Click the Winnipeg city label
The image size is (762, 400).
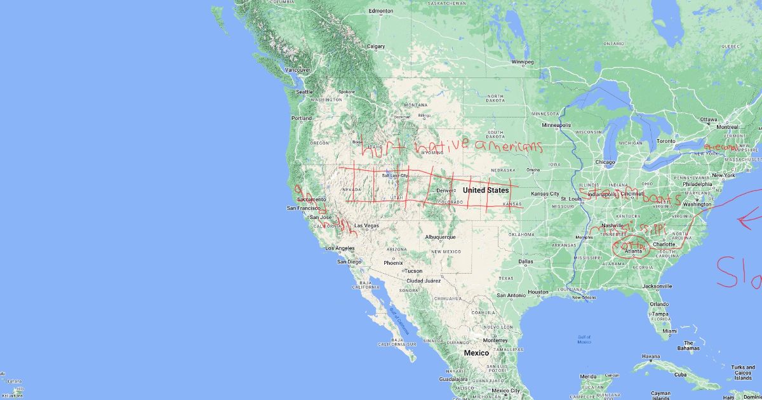[523, 62]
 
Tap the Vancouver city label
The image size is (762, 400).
[297, 69]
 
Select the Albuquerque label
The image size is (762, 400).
[440, 237]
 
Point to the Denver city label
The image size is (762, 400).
[444, 190]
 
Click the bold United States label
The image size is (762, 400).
[486, 190]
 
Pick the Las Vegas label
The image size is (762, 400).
[366, 225]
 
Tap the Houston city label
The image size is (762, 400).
[538, 292]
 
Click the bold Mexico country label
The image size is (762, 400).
[476, 353]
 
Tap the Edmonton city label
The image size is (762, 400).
[381, 11]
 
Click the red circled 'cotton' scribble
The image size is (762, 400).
[629, 244]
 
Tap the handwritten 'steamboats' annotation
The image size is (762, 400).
[629, 198]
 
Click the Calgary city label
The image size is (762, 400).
[376, 46]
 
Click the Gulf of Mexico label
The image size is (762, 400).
[584, 340]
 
